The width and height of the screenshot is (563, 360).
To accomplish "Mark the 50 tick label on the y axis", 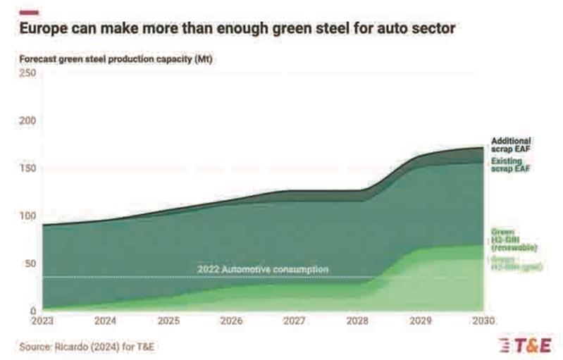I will [x=29, y=263].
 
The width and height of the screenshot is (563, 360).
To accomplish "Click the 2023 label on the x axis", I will [x=43, y=321].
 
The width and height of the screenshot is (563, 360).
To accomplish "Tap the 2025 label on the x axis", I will [x=169, y=321].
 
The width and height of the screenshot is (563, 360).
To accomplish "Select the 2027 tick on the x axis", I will [x=295, y=321].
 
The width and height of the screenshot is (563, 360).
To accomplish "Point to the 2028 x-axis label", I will [x=358, y=321].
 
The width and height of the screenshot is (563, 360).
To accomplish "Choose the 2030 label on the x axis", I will [x=483, y=321].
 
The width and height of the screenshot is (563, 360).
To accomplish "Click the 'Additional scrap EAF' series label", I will [x=511, y=145].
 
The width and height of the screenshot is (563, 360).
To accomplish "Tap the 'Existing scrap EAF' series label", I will [x=510, y=165].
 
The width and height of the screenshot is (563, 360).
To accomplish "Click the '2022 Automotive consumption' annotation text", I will [x=263, y=270].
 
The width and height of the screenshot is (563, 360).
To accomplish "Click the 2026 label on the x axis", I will [x=232, y=321].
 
